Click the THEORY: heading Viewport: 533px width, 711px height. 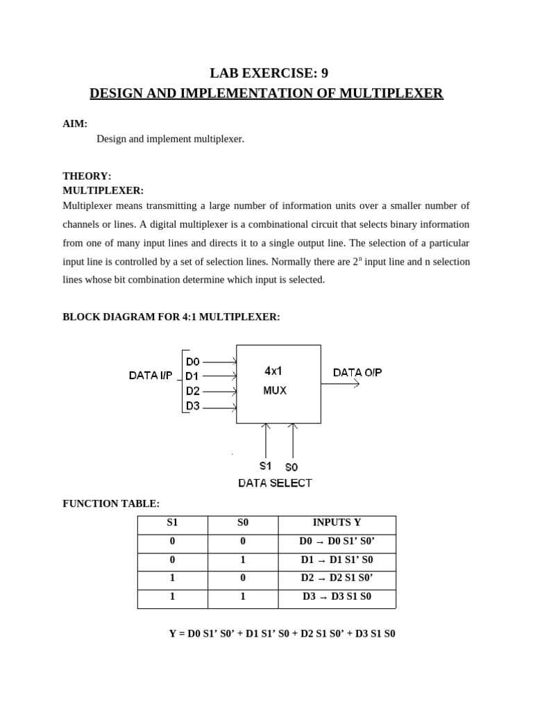pyautogui.click(x=87, y=176)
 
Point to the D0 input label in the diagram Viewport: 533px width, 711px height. pyautogui.click(x=193, y=361)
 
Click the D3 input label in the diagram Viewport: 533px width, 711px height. pyautogui.click(x=193, y=406)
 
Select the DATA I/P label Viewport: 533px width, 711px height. pyautogui.click(x=151, y=376)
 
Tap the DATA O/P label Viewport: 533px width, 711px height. pyautogui.click(x=357, y=372)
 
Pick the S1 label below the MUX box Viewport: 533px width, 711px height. pyautogui.click(x=265, y=466)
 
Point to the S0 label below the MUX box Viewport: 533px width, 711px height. pyautogui.click(x=291, y=467)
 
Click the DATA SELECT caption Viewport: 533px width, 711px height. pyautogui.click(x=275, y=483)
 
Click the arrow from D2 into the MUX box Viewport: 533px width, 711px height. pyautogui.click(x=222, y=392)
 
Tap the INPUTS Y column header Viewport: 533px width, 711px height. pyautogui.click(x=337, y=523)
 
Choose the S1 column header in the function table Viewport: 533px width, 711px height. pyautogui.click(x=171, y=523)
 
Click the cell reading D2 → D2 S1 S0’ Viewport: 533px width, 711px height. pyautogui.click(x=337, y=578)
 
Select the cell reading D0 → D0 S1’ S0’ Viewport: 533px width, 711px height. pyautogui.click(x=337, y=542)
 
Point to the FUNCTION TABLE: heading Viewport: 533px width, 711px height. pyautogui.click(x=111, y=503)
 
